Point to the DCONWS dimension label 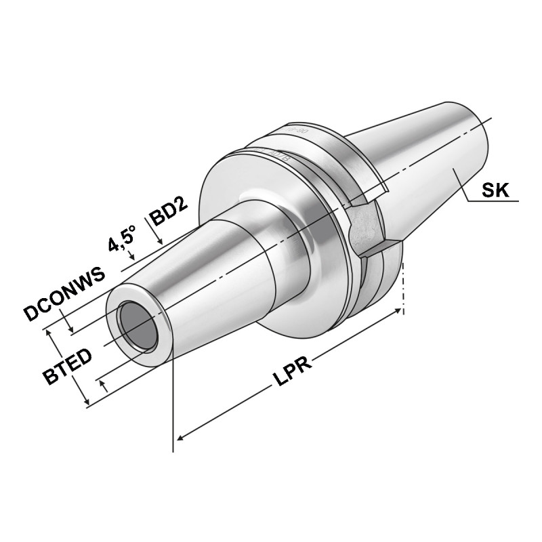tap(65, 293)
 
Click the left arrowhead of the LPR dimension tap(180, 439)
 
